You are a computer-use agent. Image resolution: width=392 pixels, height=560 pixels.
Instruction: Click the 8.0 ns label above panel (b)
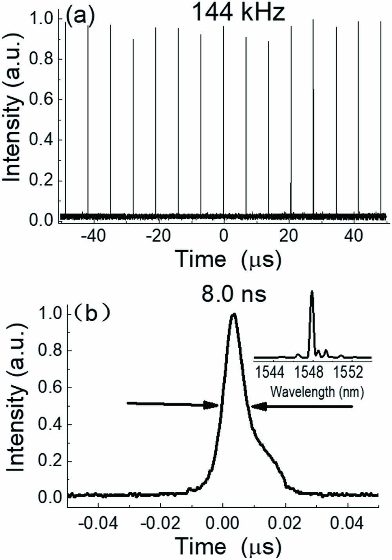pos(234,295)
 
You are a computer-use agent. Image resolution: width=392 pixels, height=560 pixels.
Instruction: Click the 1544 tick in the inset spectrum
pos(271,371)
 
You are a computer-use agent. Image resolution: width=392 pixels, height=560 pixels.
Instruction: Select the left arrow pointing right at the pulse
pos(172,405)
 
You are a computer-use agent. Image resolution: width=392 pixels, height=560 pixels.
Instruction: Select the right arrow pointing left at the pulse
pos(302,407)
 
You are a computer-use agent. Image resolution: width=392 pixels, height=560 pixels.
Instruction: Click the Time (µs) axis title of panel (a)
pos(229,259)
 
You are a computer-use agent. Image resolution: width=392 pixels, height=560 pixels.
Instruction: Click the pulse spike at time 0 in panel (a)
pos(223,118)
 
